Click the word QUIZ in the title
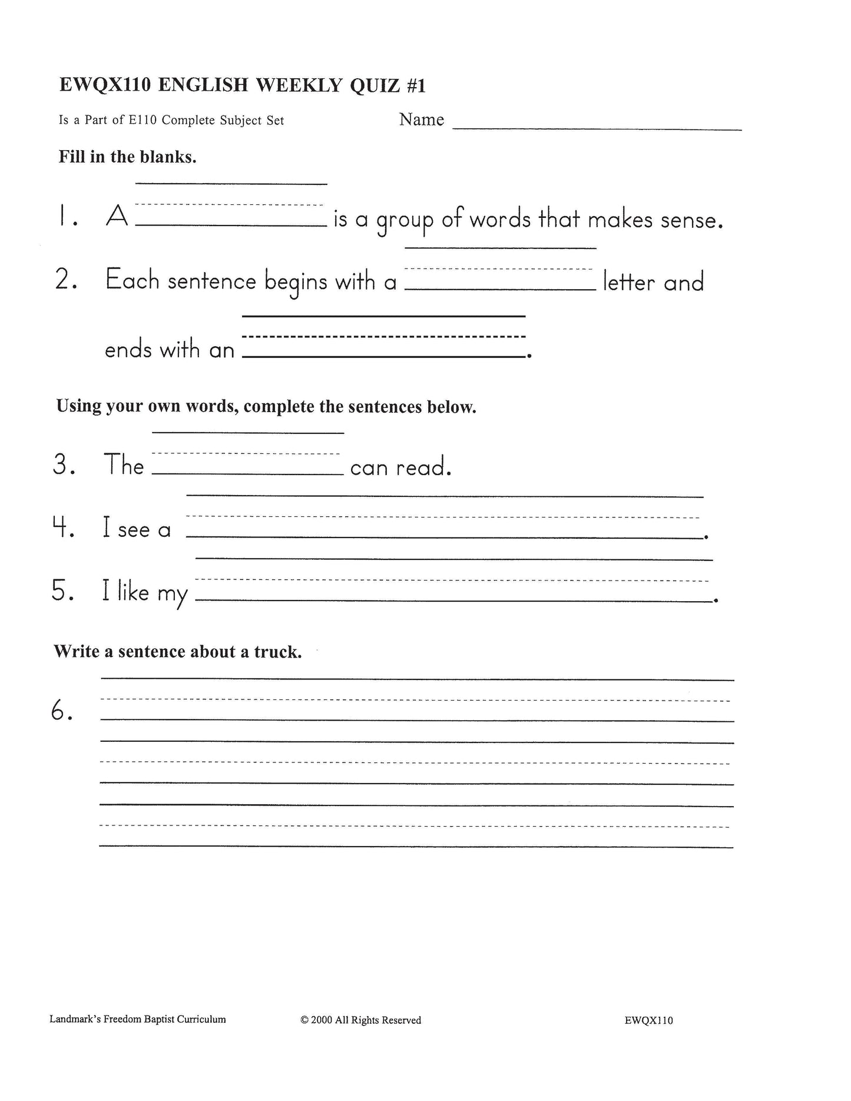[x=375, y=86]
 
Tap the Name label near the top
[x=422, y=120]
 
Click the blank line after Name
[x=597, y=125]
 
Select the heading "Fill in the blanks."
[x=127, y=157]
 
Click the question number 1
[x=65, y=218]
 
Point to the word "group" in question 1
[x=405, y=221]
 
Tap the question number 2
[x=65, y=280]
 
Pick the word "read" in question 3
[x=422, y=467]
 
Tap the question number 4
[x=63, y=529]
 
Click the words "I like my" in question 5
[x=145, y=592]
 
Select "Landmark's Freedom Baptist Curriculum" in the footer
[x=138, y=1019]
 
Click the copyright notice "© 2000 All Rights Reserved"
[x=360, y=1020]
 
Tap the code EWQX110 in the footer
[x=648, y=1020]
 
